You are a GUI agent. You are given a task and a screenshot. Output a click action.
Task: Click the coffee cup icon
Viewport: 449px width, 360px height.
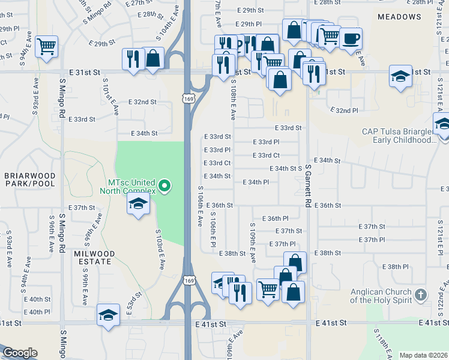point(351,38)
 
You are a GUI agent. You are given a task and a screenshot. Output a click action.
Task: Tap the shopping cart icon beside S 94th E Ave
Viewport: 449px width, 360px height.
point(46,46)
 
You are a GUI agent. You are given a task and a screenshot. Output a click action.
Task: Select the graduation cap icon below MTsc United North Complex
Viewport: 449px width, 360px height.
point(138,205)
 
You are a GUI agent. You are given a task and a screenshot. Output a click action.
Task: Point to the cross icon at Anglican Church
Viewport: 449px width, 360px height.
point(421,295)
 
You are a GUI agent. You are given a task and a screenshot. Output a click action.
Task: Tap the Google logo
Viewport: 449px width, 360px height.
point(19,353)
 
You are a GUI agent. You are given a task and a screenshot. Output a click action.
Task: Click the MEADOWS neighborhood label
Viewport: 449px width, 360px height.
point(399,17)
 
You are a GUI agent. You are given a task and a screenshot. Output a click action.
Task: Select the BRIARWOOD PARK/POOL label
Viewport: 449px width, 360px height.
point(29,179)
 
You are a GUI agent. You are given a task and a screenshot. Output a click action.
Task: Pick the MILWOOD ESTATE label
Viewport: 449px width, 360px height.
point(93,257)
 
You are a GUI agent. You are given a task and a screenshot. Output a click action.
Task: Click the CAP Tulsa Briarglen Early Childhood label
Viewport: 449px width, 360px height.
point(398,136)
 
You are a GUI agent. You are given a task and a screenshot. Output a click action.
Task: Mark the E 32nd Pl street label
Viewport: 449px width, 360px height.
point(344,110)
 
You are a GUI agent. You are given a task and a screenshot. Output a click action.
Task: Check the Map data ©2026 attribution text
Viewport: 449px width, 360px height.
point(423,355)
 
